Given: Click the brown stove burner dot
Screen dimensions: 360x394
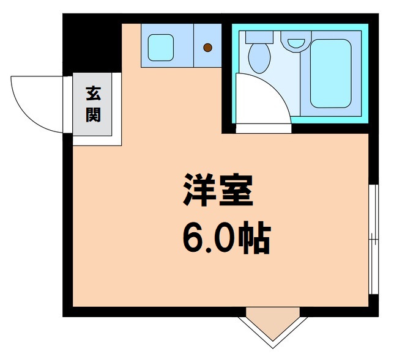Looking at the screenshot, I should tap(208, 47).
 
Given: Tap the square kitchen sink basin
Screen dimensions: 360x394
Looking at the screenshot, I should tap(161, 45).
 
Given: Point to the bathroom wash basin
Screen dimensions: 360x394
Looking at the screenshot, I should tap(295, 43).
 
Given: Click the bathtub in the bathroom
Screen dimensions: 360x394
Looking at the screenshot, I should tap(330, 73).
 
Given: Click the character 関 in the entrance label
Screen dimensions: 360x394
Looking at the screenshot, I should tap(93, 114).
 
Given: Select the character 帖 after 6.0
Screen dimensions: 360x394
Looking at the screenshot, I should tap(253, 239).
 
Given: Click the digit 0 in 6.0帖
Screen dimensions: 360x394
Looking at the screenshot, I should tap(224, 240).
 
